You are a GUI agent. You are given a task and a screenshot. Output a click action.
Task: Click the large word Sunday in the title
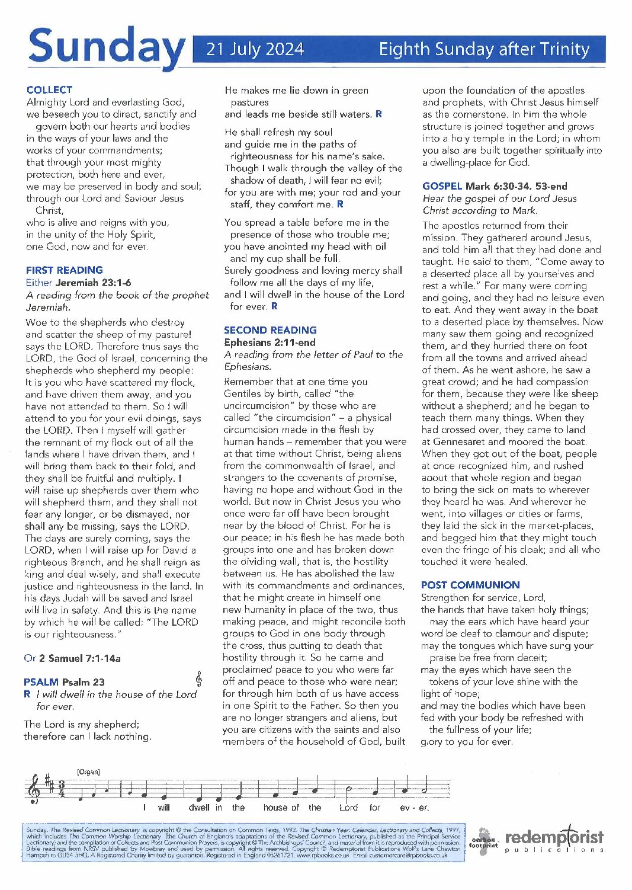coord(105,46)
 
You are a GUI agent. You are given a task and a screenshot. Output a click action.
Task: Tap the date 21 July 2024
coord(255,49)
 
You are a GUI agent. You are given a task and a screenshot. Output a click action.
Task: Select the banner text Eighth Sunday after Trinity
coord(484,49)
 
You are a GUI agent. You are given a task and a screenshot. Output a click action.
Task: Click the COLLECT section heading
coord(49,90)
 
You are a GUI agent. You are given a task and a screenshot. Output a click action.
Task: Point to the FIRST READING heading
coord(64,270)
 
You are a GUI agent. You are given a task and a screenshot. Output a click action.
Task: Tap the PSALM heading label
coord(41,682)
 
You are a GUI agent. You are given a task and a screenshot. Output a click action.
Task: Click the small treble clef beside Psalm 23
coord(198,679)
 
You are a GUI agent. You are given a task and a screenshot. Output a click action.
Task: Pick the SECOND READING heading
coord(270,330)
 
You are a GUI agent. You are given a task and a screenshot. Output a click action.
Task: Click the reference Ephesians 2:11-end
coord(270,342)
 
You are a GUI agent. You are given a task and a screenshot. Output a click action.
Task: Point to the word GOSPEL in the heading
coord(442,186)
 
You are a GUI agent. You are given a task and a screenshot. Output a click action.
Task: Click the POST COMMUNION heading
coord(470,585)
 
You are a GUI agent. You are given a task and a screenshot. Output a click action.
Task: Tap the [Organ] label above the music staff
coord(88,771)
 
